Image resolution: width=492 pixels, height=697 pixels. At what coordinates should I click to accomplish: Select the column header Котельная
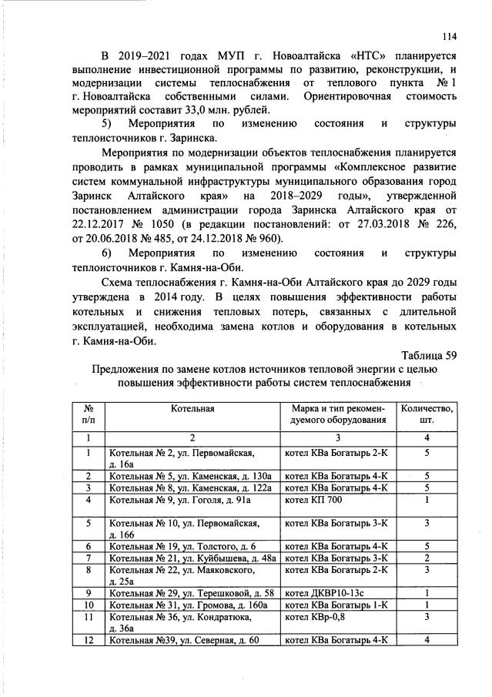pyautogui.click(x=192, y=407)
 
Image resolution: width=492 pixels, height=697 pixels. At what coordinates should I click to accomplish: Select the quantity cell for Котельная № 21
pyautogui.click(x=427, y=558)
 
